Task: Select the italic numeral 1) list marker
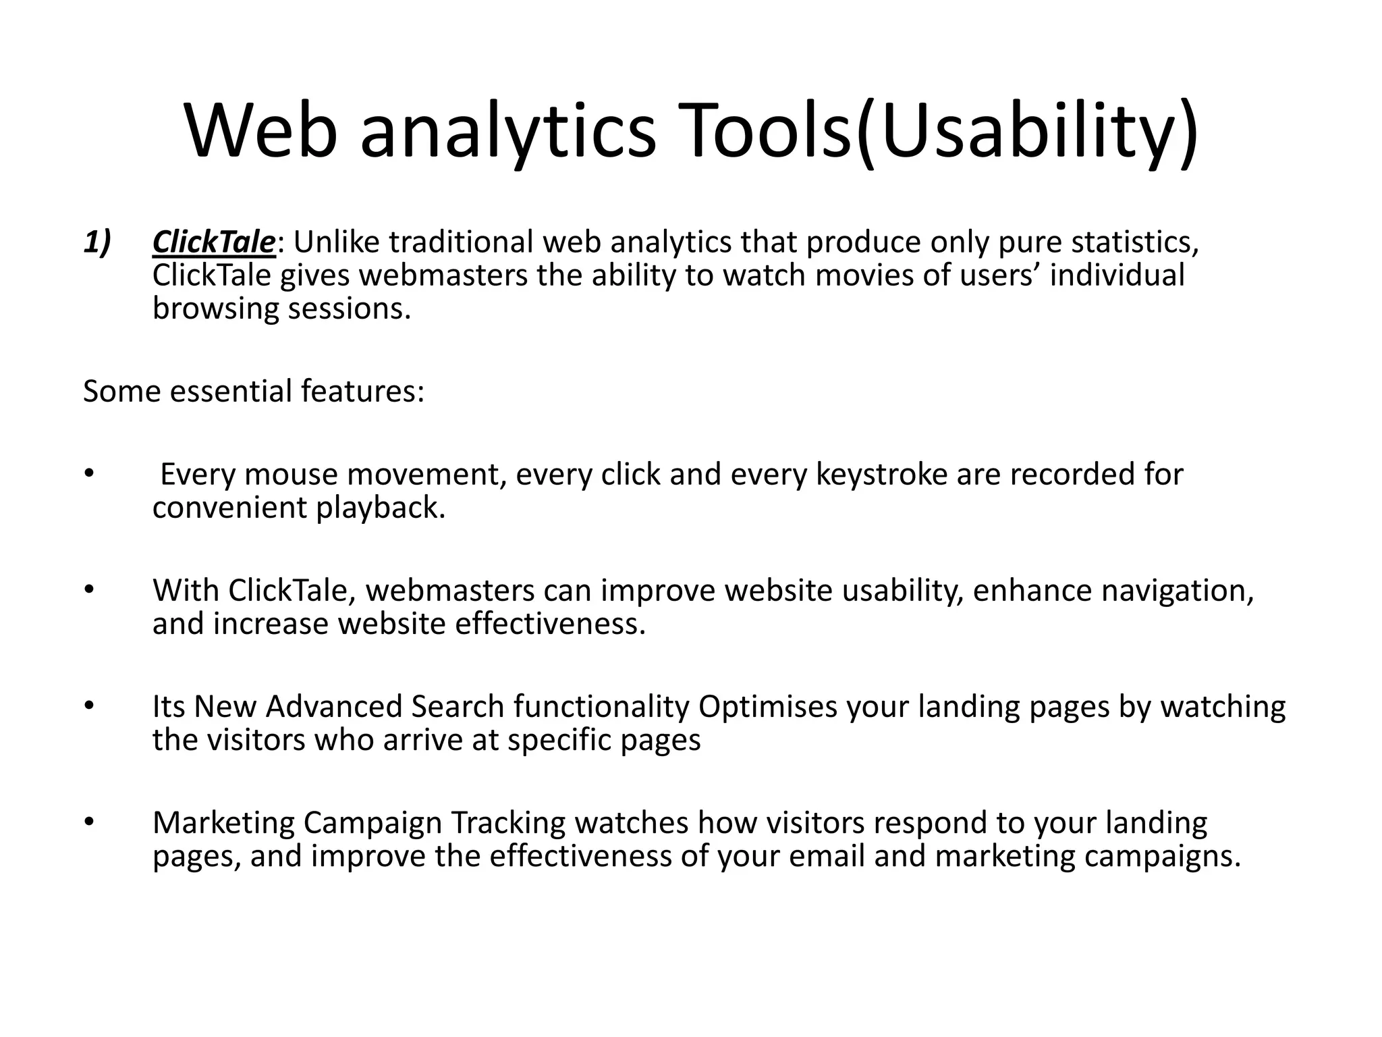coord(97,242)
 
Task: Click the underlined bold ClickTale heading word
coord(214,242)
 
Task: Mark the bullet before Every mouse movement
coord(88,474)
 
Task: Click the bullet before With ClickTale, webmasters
coord(88,590)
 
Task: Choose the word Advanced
coord(334,707)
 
